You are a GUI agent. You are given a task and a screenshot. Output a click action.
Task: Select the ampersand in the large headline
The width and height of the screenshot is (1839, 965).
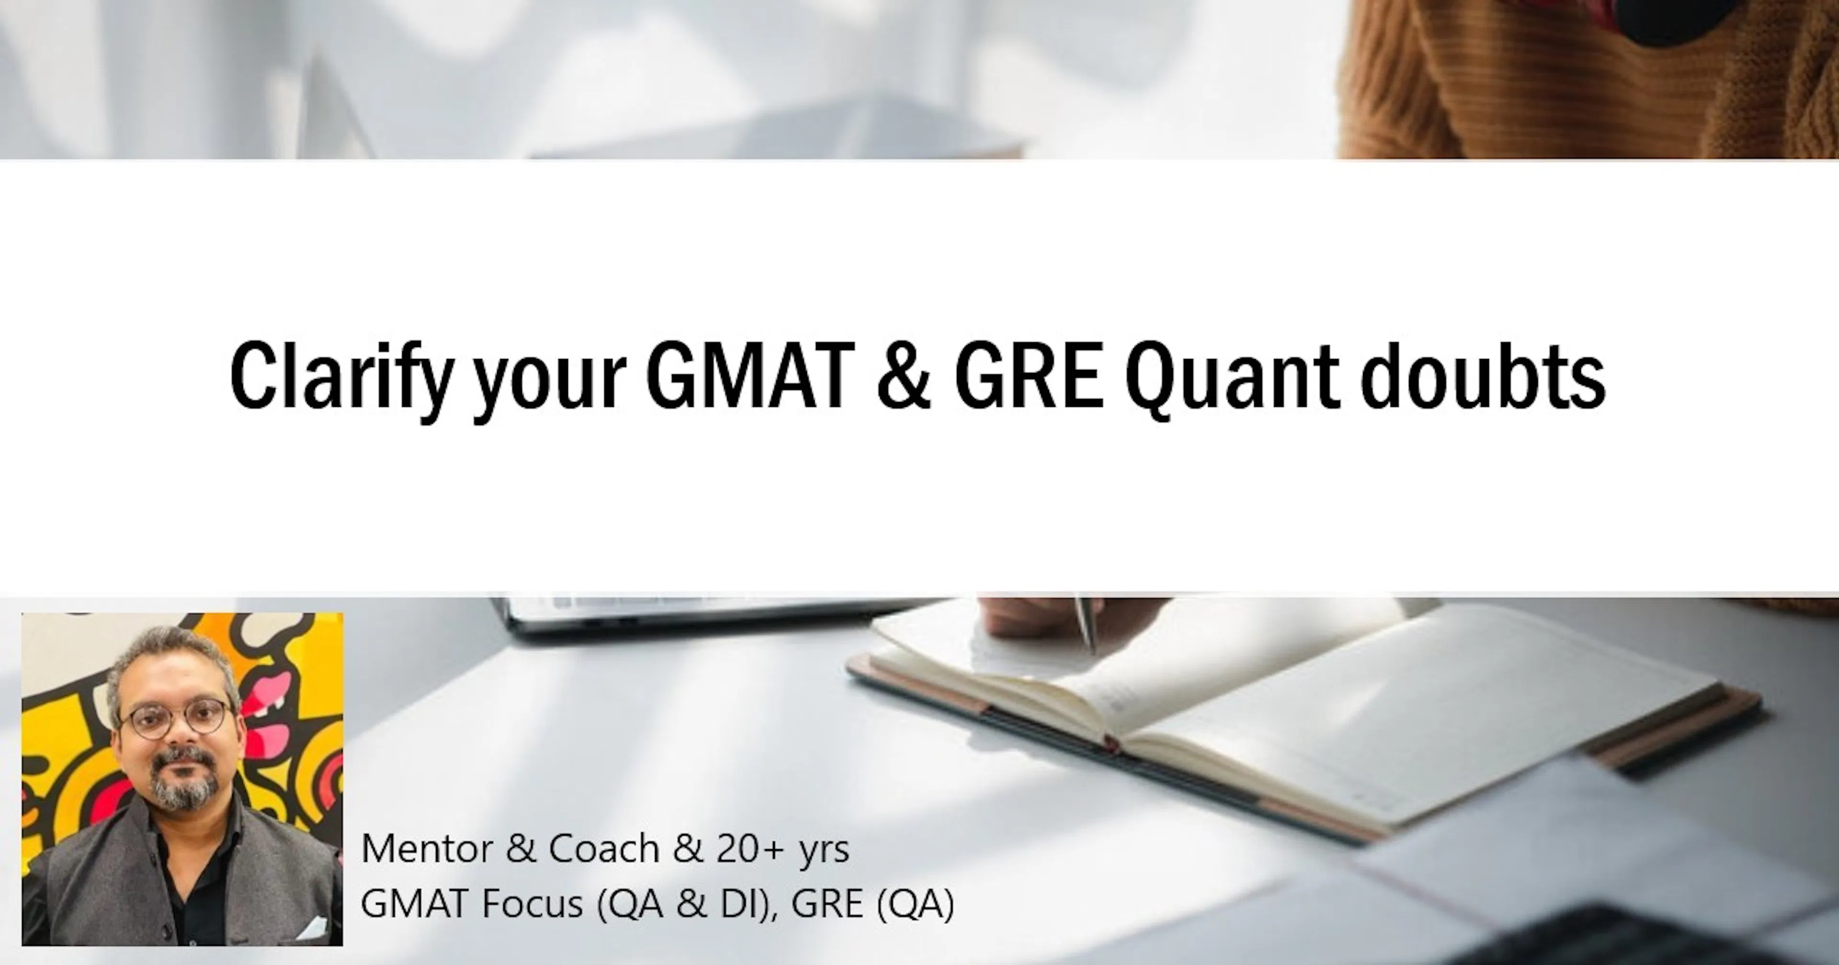(x=904, y=376)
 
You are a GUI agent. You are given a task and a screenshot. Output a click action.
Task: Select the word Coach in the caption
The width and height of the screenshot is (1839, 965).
(x=603, y=849)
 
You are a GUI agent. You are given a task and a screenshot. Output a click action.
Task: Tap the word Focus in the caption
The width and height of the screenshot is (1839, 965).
(x=533, y=904)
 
